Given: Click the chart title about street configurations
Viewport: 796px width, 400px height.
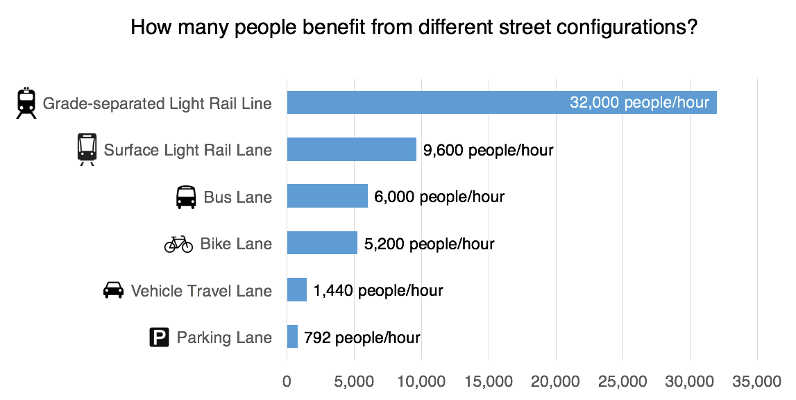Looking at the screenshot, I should (x=414, y=28).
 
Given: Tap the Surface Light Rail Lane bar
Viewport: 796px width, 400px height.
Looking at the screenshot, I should (x=351, y=149).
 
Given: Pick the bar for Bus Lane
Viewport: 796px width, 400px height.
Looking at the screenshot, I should (x=327, y=197).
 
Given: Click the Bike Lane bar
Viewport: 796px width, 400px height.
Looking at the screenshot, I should (x=322, y=243).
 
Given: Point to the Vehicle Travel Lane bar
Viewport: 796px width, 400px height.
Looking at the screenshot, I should (x=296, y=290).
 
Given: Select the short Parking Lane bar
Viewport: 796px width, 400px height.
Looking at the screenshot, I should (x=292, y=337).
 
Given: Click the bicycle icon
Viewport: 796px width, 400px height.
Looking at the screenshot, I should (x=178, y=244).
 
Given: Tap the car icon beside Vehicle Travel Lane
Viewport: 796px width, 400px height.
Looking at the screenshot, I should (x=113, y=290).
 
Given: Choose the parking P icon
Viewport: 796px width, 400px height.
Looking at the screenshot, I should (x=159, y=338).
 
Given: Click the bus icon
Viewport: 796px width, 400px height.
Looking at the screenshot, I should (x=186, y=197).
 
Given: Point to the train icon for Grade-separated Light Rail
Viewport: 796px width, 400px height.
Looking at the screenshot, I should (x=26, y=103).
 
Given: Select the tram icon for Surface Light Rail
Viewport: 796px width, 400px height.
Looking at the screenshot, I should (x=87, y=149).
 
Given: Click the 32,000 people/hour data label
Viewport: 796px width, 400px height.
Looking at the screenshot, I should (x=639, y=103).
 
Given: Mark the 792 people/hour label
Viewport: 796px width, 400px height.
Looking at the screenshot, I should (x=362, y=338).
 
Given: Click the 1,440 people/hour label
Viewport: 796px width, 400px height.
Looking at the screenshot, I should (x=378, y=291).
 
